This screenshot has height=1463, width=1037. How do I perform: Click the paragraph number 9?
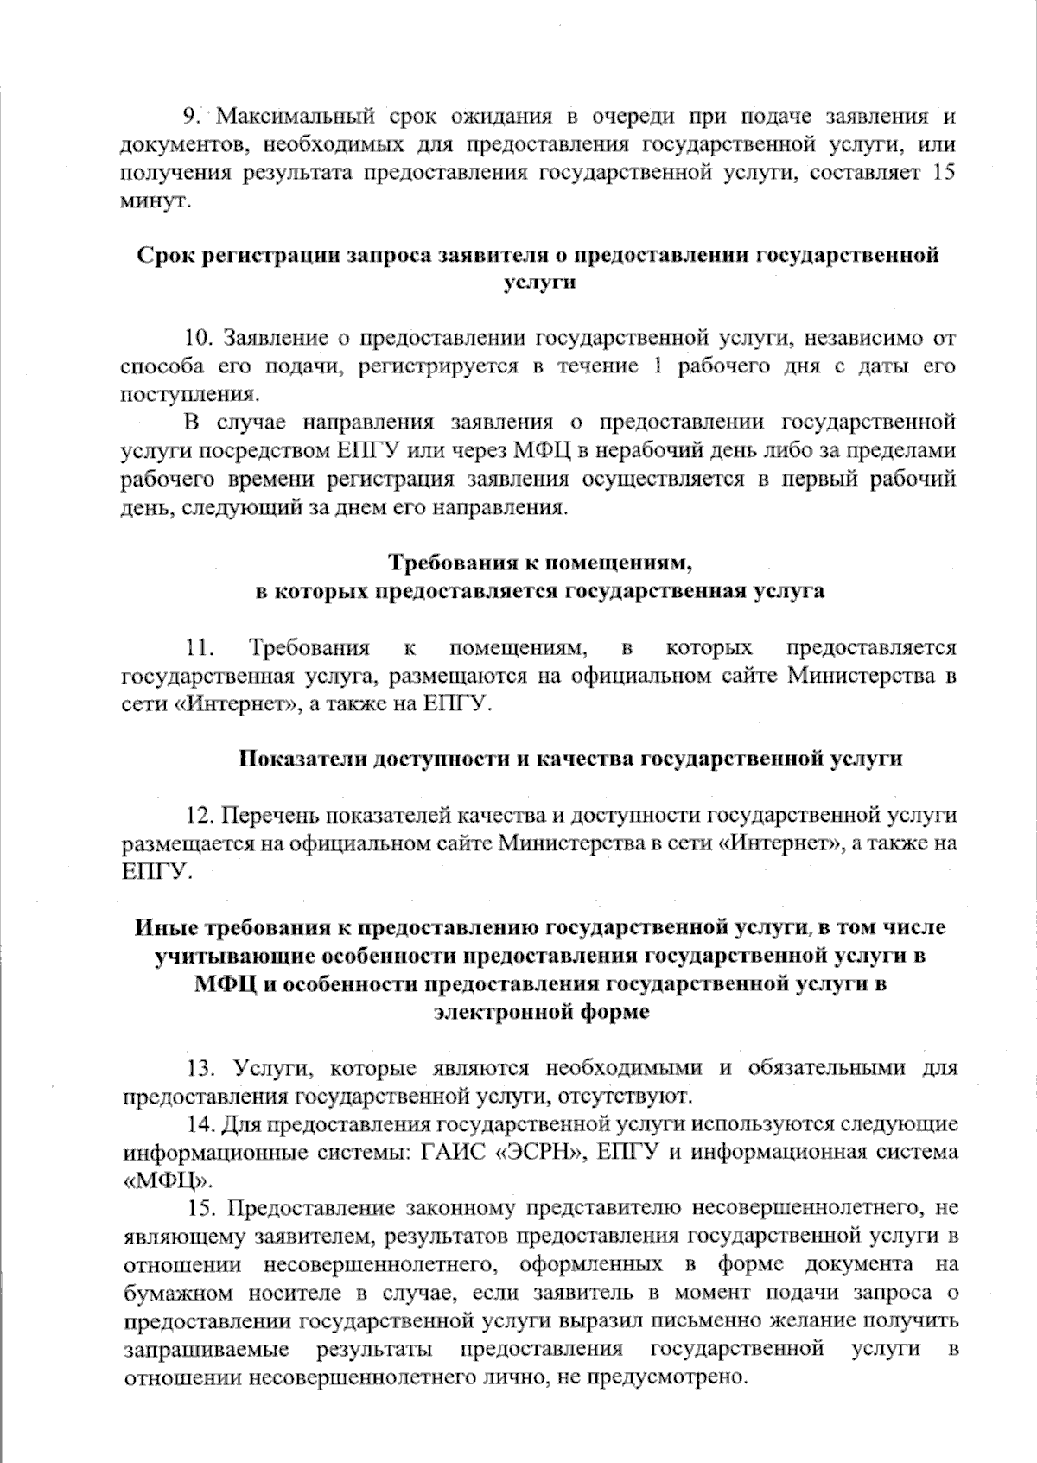pos(192,116)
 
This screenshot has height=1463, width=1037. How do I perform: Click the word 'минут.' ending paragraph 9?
pos(154,200)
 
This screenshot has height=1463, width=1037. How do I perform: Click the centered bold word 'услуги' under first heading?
pos(538,283)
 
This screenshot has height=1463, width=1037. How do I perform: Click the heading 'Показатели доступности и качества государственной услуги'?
pos(569,760)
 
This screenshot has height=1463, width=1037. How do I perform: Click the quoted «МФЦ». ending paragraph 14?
pos(169,1180)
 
